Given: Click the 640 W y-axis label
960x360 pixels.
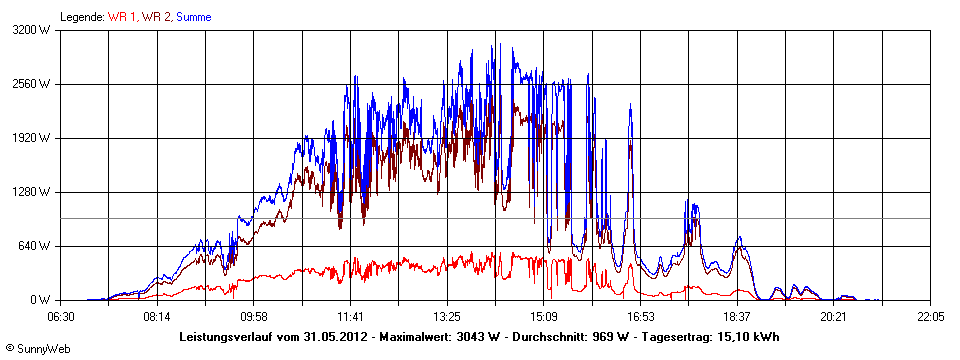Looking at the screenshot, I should tap(37, 246).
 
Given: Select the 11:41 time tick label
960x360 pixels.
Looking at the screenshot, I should tap(350, 316).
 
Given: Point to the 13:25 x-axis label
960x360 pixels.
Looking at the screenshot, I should tap(447, 316).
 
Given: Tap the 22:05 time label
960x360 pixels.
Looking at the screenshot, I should tap(930, 316).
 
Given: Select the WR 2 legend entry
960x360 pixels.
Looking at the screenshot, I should tap(156, 17).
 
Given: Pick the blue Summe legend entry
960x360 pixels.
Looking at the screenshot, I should tap(193, 17).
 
